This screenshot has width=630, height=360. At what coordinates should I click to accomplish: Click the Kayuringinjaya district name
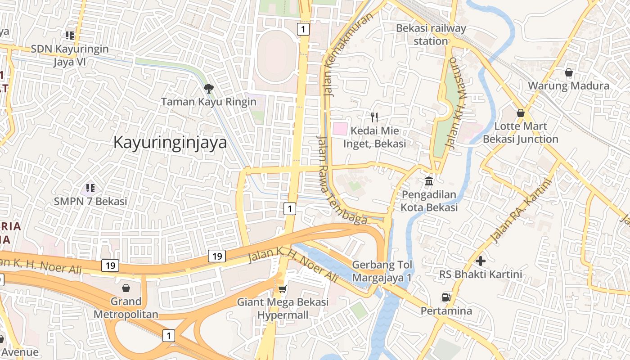click(x=170, y=143)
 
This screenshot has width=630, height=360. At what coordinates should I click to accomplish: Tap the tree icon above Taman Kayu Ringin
click(x=208, y=88)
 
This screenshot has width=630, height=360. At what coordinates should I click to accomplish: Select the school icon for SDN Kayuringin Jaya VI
click(x=70, y=35)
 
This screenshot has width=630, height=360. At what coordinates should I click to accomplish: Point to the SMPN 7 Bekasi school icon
click(x=90, y=188)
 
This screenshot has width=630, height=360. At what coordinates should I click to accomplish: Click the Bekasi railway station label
click(x=431, y=35)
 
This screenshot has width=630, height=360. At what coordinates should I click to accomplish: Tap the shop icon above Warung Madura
click(x=569, y=72)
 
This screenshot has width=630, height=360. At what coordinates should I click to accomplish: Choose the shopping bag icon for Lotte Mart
click(x=521, y=113)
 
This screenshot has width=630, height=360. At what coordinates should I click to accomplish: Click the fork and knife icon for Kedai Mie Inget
click(x=374, y=117)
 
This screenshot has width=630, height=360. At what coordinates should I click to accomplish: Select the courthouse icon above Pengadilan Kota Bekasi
click(x=429, y=181)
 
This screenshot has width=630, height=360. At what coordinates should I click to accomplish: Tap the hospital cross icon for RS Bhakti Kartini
click(x=481, y=261)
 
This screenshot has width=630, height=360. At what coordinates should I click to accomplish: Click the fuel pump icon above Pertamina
click(x=446, y=297)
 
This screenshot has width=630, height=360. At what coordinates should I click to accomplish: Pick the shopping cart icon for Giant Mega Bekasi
click(x=283, y=288)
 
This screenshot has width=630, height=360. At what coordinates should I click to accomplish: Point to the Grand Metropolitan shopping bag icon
click(x=126, y=288)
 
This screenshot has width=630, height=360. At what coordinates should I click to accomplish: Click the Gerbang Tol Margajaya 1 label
click(x=382, y=271)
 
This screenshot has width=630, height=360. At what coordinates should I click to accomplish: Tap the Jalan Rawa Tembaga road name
click(x=342, y=180)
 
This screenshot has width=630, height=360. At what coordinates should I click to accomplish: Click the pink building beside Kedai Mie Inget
click(x=340, y=129)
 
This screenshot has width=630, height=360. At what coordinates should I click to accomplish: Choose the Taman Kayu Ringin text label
click(x=209, y=102)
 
